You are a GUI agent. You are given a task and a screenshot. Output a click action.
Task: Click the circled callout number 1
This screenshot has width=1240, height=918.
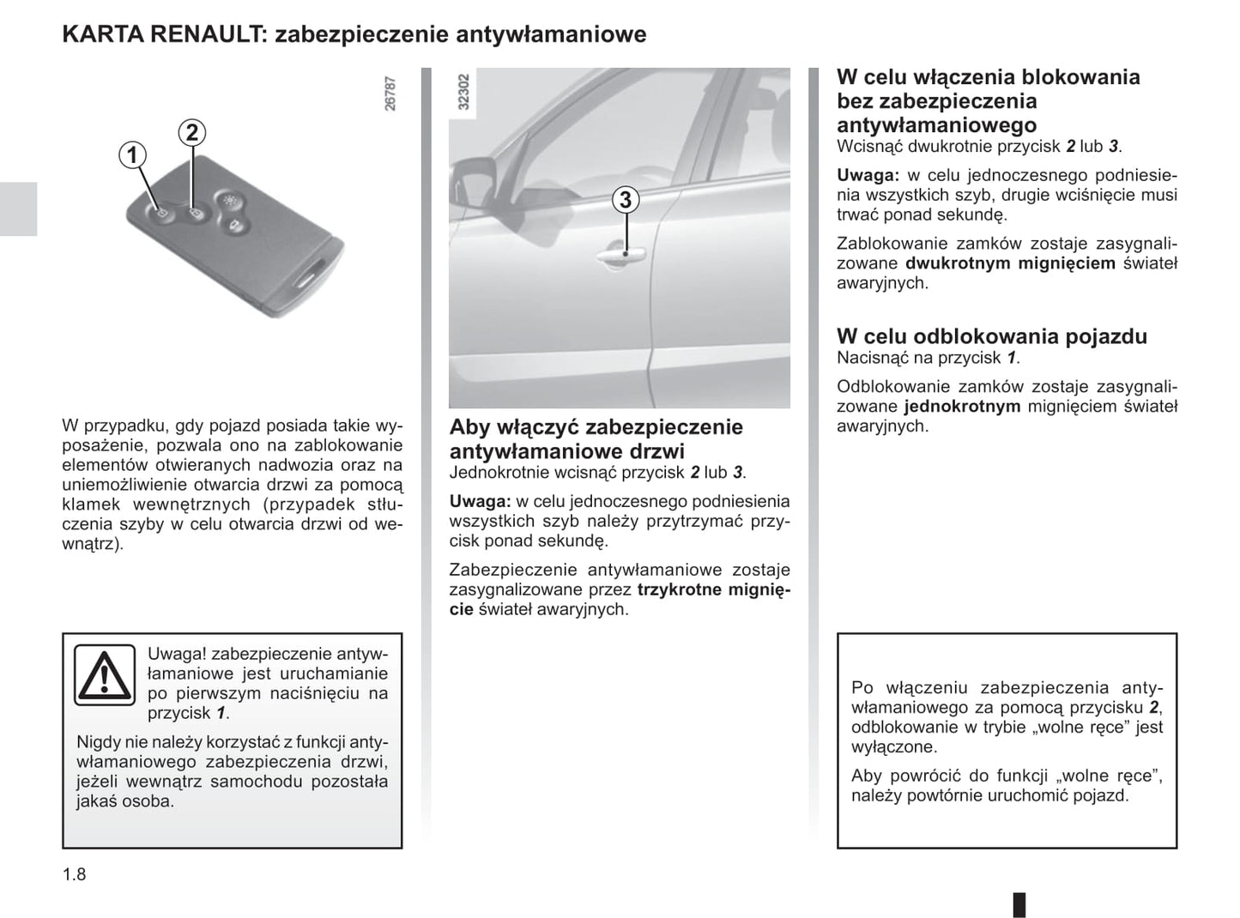tap(132, 155)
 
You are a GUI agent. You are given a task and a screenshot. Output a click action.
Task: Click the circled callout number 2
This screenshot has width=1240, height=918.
tap(192, 132)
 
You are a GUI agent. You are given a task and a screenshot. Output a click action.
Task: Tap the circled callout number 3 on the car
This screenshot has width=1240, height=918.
tap(626, 200)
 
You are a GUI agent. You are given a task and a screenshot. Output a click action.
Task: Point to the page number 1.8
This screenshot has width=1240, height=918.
tap(75, 874)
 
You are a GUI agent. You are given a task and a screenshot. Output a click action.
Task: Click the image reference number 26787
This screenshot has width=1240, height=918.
tap(390, 93)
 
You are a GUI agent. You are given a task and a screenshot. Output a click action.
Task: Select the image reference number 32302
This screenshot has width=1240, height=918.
tap(464, 92)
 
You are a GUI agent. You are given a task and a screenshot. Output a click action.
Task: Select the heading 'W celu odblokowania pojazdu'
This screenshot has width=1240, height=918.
tap(991, 336)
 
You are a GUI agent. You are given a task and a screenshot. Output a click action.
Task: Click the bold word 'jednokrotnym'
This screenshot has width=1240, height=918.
tap(962, 407)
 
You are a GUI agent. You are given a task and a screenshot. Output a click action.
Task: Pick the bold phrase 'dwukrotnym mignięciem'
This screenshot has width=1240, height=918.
tap(1010, 263)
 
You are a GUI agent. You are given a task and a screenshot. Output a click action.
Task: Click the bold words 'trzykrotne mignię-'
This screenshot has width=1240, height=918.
tap(713, 589)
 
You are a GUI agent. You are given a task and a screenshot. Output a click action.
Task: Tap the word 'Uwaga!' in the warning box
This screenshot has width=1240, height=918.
tap(177, 654)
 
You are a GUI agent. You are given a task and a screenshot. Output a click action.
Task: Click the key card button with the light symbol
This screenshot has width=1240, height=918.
tap(228, 198)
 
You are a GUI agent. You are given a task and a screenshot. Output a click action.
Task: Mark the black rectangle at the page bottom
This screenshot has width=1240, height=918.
tap(1019, 904)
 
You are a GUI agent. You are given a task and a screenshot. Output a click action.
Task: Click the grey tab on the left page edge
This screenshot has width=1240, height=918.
tap(18, 208)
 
